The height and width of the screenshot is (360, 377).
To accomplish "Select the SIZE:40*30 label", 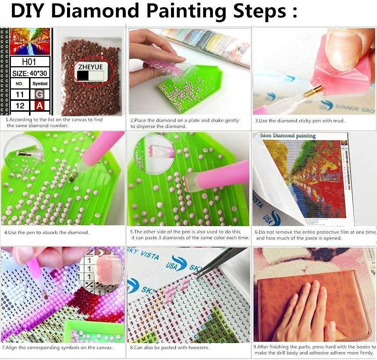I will point(30,73).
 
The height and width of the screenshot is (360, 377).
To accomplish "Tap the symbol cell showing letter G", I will point(40,94).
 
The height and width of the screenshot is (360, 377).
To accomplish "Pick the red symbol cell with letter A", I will point(40,106).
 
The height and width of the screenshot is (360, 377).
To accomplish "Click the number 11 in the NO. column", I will point(20,94).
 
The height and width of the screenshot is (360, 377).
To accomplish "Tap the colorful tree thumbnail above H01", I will point(30,42).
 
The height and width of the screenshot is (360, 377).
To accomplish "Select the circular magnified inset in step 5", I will point(151,151).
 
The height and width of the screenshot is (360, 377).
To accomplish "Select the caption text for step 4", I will point(47,232).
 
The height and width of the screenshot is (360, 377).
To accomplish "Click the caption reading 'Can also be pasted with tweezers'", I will point(169,348).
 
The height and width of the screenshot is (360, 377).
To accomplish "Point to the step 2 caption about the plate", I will point(185,123).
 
